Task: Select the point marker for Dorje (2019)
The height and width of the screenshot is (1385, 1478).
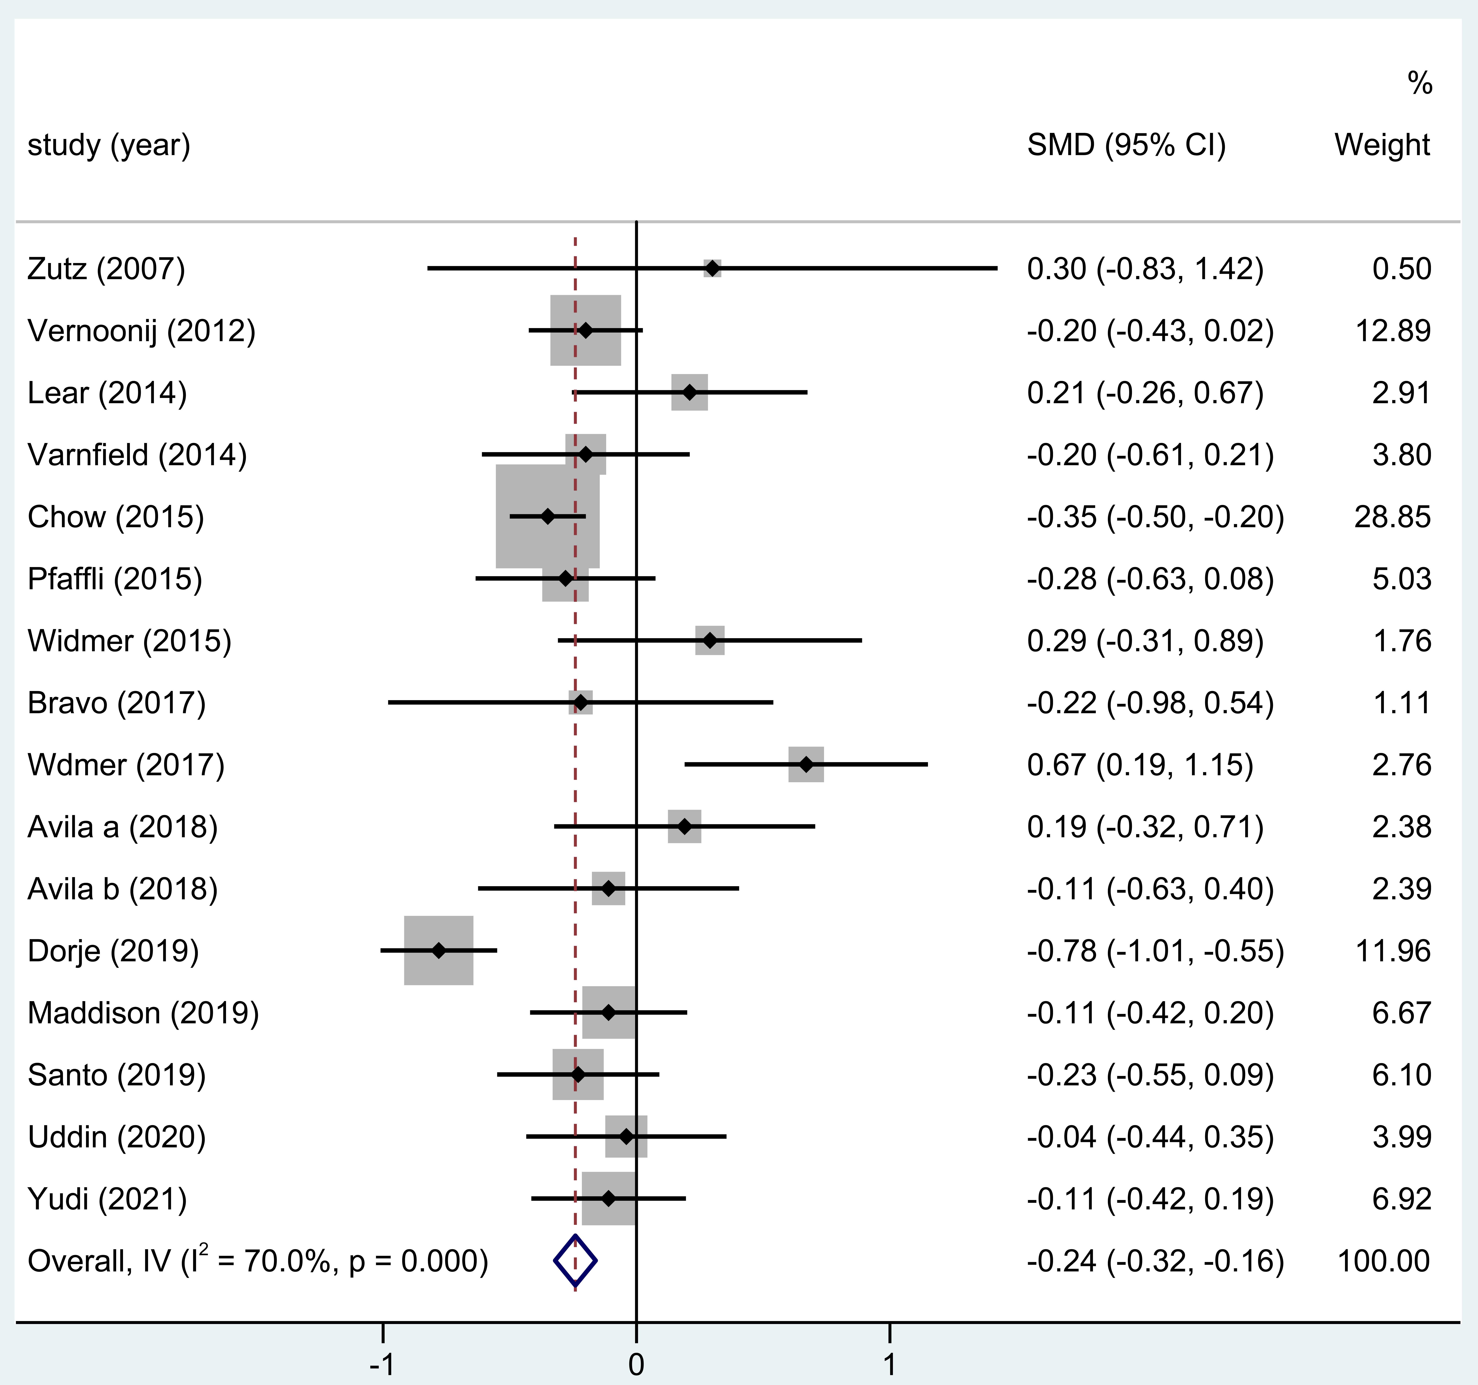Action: [439, 951]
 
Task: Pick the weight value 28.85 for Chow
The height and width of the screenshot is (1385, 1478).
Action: [1392, 517]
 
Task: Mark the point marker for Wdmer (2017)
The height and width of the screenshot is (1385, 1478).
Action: [806, 765]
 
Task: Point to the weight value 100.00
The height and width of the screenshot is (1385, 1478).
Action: [1384, 1261]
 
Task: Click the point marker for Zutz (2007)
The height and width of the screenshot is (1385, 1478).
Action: [712, 269]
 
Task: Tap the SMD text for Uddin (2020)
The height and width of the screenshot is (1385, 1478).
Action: [1150, 1137]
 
